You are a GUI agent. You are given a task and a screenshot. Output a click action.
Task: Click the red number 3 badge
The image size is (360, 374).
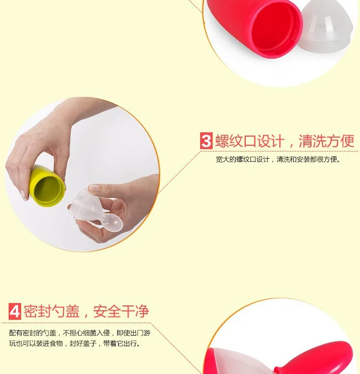click(x=206, y=141)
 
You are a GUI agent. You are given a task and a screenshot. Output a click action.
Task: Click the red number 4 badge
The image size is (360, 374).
click(x=15, y=311)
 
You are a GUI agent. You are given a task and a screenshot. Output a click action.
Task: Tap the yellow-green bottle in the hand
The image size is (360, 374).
click(x=47, y=186)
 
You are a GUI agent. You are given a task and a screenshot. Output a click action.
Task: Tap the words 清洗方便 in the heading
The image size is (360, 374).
click(x=326, y=141)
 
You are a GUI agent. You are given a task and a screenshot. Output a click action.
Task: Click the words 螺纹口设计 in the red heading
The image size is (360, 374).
click(x=250, y=141)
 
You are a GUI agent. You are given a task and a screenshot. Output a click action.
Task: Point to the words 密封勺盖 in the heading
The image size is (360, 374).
click(x=51, y=311)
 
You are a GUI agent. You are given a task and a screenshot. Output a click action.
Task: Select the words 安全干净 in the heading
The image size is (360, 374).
click(x=121, y=311)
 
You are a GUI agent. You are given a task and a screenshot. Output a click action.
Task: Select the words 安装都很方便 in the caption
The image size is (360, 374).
click(x=317, y=159)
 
